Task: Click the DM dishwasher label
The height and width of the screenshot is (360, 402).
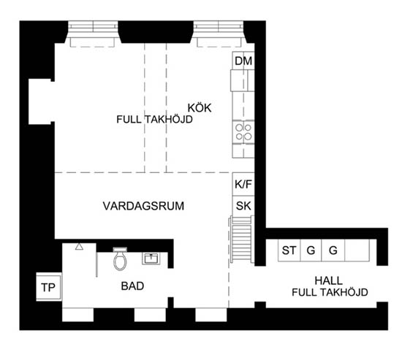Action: coord(243,61)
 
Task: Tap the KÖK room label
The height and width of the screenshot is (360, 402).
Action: coord(200,108)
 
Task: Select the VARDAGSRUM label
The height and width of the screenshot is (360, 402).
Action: coord(143,206)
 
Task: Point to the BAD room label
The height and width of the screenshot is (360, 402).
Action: coord(132,286)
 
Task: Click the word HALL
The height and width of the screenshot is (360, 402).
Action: coord(329,280)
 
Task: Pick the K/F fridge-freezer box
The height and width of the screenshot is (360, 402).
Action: coord(243,184)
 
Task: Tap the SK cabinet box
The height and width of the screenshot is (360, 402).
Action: coord(243,206)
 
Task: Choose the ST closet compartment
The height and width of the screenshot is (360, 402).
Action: coord(289,250)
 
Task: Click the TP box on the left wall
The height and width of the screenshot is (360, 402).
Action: coord(49,287)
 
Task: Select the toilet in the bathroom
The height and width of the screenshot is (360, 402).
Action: coord(120,258)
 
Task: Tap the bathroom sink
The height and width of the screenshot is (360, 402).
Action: coord(151,258)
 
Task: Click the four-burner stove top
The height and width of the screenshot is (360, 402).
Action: coord(243,132)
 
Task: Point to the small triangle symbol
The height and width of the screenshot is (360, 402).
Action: coord(79,247)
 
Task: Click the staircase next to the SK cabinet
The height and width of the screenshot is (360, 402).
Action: coord(241,240)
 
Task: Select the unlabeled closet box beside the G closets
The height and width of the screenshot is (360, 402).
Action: coord(357,250)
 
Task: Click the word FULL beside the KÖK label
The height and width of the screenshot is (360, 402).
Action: coord(129,120)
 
